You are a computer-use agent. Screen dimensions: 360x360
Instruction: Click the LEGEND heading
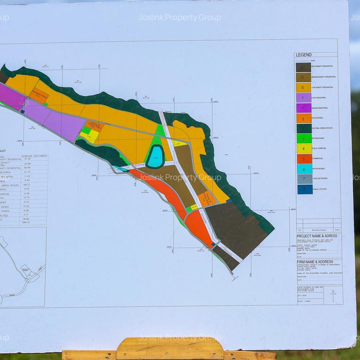coord(304,55)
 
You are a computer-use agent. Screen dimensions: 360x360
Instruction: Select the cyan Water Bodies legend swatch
coord(304,169)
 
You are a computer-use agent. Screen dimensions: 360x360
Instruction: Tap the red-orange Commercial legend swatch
coord(304,159)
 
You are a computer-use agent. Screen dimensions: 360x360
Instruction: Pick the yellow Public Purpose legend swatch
coord(304,148)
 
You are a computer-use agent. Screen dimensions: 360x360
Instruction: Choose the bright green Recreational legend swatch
coord(304,138)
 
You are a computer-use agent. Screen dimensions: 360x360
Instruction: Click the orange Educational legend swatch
coord(304,118)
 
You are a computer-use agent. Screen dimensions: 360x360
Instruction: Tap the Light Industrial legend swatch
coord(304,98)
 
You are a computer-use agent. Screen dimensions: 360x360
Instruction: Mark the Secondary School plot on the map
coord(39,96)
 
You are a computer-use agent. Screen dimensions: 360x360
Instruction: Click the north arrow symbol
coord(333,296)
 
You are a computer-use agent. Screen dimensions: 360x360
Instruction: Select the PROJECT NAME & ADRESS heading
coord(317,236)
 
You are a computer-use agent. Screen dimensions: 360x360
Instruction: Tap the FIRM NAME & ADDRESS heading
coord(314,262)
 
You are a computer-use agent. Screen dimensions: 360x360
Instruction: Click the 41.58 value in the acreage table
coord(27,159)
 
